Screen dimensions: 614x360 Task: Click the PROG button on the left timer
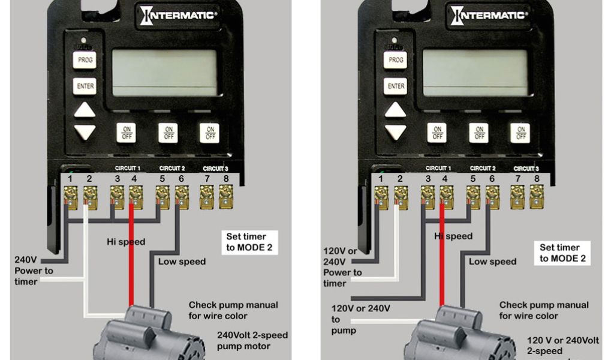[84, 60]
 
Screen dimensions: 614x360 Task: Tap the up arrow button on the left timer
[85, 110]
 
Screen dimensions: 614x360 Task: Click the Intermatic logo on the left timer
[177, 14]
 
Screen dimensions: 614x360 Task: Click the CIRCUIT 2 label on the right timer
[482, 169]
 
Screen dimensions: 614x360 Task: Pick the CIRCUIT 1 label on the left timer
[127, 169]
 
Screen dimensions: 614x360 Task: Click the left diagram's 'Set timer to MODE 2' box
[251, 242]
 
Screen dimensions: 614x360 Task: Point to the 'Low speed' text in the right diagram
[492, 262]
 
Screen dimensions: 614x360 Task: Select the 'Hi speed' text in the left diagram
[125, 242]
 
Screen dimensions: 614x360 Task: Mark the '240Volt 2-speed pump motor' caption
[252, 340]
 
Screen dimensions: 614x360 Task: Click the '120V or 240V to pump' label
[360, 319]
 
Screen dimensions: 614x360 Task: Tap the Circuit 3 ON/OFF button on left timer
[209, 133]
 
